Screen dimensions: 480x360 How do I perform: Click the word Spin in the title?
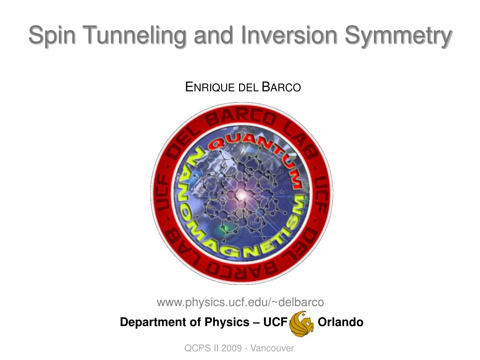52,35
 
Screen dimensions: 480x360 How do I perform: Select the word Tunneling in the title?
135,35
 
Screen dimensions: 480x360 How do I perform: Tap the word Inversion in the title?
289,34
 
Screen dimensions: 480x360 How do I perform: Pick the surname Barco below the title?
281,87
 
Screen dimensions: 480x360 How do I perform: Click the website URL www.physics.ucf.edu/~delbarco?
240,302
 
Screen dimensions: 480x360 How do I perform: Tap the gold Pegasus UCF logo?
301,323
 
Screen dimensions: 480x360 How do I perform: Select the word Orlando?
340,322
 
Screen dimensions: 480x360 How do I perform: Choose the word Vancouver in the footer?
272,348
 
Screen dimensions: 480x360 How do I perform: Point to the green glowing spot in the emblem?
225,228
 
